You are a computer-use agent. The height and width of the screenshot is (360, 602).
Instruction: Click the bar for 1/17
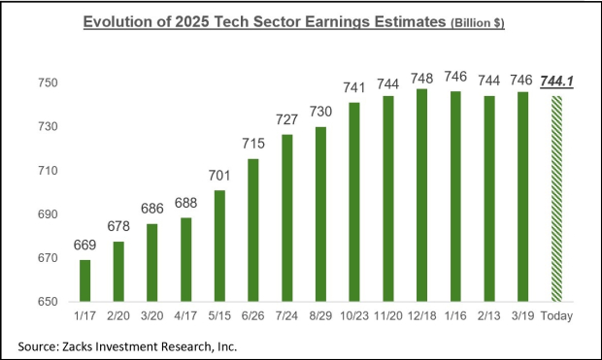point(85,281)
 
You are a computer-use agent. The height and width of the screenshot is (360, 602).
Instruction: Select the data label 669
point(85,246)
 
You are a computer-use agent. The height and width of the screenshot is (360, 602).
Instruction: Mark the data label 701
point(219,177)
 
